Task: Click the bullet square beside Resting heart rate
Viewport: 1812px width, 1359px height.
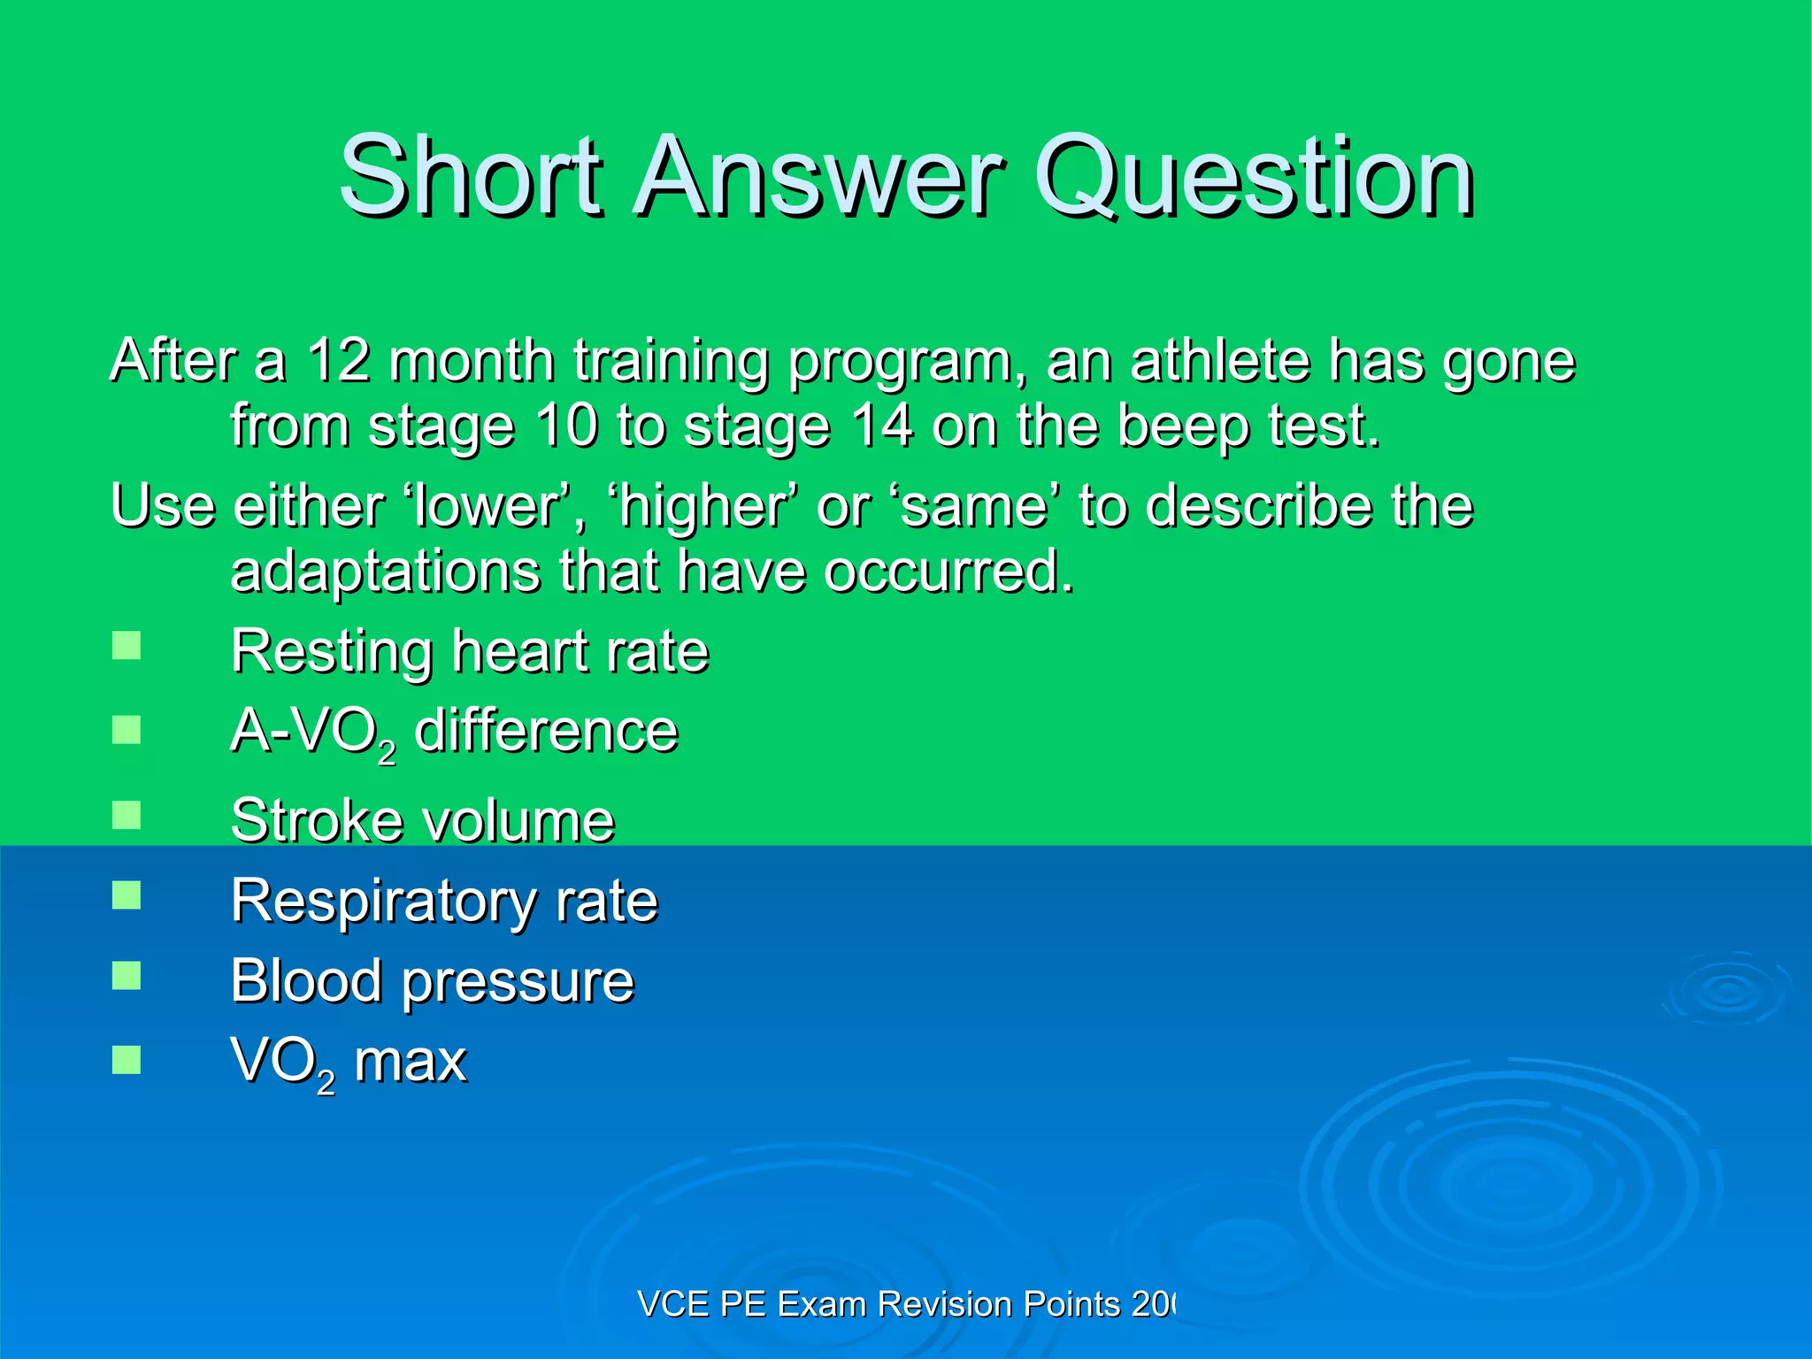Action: (127, 645)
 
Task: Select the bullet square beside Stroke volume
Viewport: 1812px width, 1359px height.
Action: (127, 815)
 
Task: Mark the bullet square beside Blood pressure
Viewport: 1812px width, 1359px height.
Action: (127, 976)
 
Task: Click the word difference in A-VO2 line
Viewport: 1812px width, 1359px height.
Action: (546, 731)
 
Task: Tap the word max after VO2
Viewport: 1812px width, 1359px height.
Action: (410, 1062)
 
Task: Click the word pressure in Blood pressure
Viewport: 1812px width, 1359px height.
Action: (518, 983)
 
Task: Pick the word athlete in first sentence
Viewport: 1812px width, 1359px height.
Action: (1219, 361)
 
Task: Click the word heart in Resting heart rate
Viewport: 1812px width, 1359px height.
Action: (511, 651)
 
